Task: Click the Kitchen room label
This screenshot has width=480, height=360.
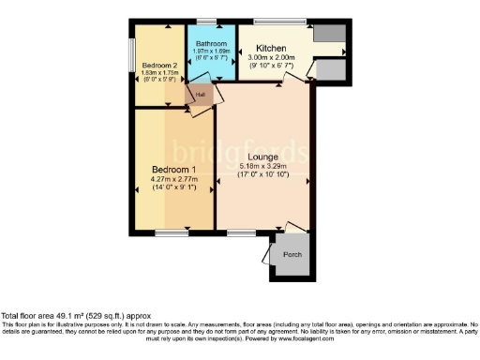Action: (x=271, y=47)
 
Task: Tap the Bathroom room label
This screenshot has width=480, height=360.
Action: (x=210, y=44)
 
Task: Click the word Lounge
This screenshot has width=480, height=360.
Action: (x=264, y=157)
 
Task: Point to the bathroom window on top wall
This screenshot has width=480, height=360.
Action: (x=205, y=21)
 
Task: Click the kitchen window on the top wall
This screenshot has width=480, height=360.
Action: (x=273, y=21)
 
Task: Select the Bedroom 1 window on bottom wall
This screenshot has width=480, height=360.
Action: (x=172, y=231)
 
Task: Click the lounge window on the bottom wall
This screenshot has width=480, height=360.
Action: (x=239, y=231)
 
